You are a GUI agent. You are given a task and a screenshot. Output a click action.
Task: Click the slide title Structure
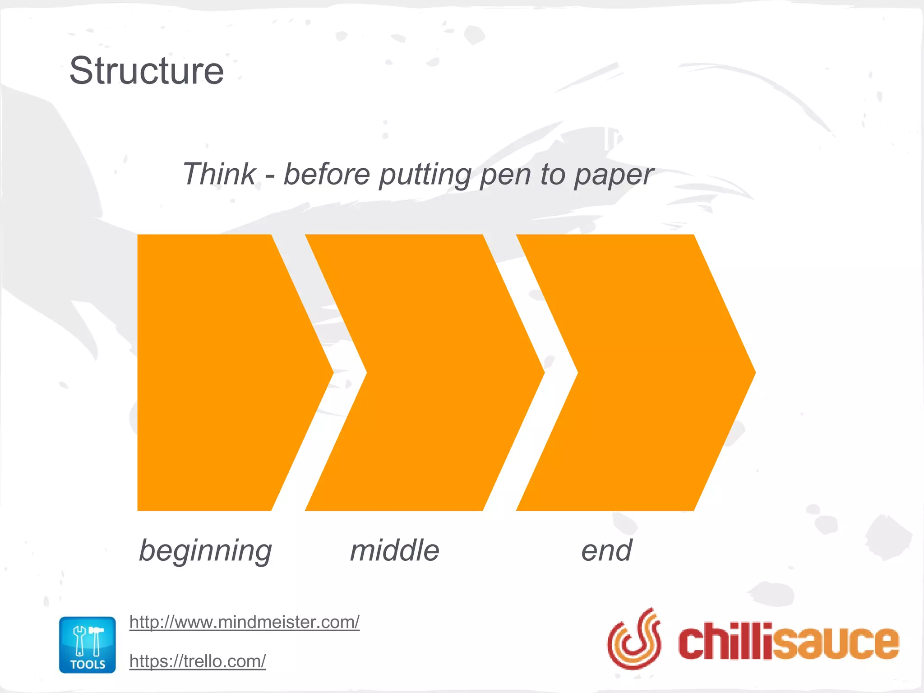[x=146, y=71]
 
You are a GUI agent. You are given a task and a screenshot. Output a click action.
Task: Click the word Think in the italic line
[x=219, y=174]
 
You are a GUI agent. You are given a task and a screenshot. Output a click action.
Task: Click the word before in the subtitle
[x=327, y=174]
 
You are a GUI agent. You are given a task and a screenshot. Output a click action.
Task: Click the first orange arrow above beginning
[x=221, y=372]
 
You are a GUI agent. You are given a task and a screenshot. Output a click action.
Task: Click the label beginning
[x=205, y=551]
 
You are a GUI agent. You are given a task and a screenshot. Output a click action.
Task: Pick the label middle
[x=395, y=550]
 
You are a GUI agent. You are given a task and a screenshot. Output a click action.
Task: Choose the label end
[x=606, y=550]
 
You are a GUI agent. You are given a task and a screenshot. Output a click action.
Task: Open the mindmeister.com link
[x=244, y=622]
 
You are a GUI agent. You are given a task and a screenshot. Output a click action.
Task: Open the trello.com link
[x=198, y=661]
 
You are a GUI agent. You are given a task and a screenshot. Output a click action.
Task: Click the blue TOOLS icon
[x=88, y=644]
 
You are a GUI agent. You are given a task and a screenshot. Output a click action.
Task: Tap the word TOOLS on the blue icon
[x=88, y=664]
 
